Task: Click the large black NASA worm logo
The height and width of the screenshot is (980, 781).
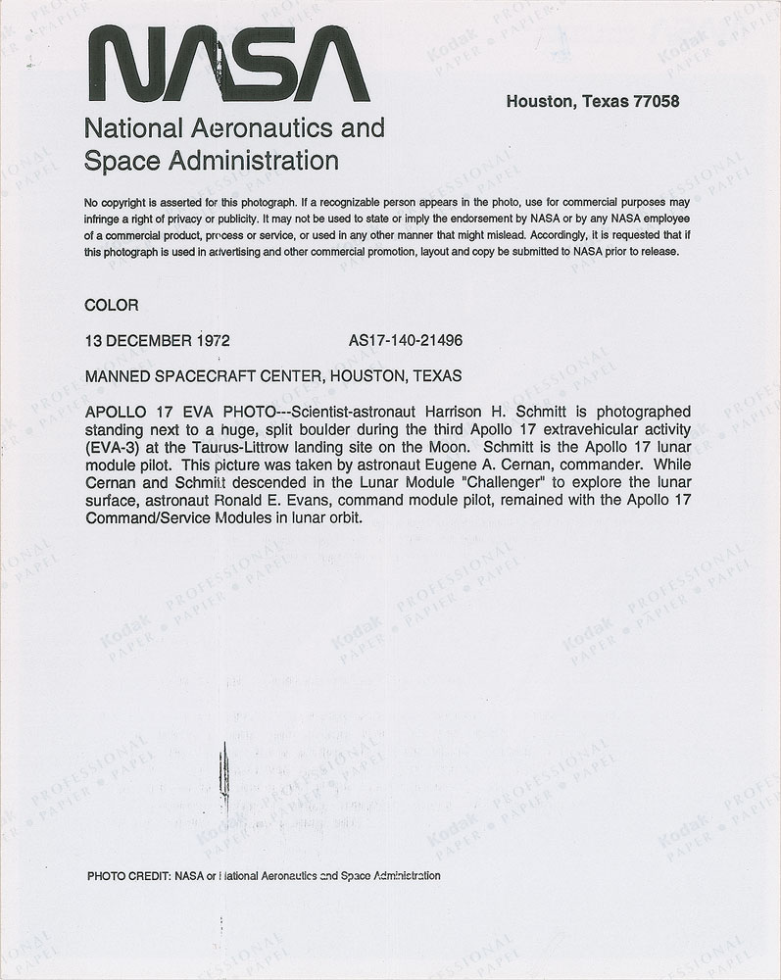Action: pos(228,66)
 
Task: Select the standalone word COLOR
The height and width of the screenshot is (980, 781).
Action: pos(112,306)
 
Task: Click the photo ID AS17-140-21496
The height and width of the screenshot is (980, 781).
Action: pos(406,341)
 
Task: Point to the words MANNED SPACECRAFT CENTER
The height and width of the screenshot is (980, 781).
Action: pos(203,375)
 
